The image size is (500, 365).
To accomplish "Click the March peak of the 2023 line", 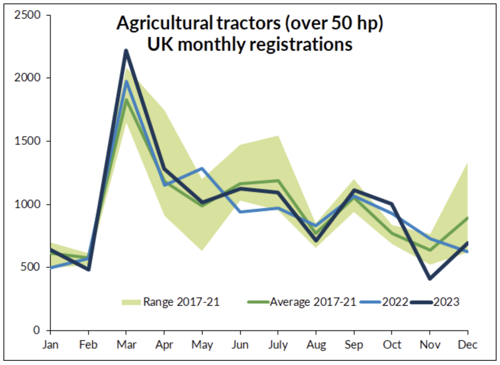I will pyautogui.click(x=126, y=50).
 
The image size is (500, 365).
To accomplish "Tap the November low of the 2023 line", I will pyautogui.click(x=430, y=279).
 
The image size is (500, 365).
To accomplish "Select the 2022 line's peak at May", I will pyautogui.click(x=202, y=168).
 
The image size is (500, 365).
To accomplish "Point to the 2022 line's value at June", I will pyautogui.click(x=240, y=212).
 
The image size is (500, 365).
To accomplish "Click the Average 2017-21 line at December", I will pyautogui.click(x=467, y=218).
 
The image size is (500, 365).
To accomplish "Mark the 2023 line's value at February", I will pyautogui.click(x=89, y=270).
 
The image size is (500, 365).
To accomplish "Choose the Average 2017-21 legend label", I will pyautogui.click(x=313, y=302).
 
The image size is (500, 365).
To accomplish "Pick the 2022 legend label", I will pyautogui.click(x=395, y=302).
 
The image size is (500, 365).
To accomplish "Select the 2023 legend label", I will pyautogui.click(x=446, y=302).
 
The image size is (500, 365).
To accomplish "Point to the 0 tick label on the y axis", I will pyautogui.click(x=36, y=330).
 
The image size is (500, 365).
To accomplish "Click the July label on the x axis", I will pyautogui.click(x=277, y=345).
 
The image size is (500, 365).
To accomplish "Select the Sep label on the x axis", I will pyautogui.click(x=353, y=345).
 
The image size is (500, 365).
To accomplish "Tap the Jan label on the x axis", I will pyautogui.click(x=50, y=345).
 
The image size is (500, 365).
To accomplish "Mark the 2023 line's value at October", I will pyautogui.click(x=392, y=204).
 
